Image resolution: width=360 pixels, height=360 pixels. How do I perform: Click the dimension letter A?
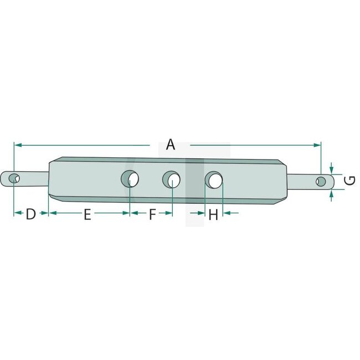point(171,145)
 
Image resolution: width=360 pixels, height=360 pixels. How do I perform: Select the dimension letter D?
point(30,214)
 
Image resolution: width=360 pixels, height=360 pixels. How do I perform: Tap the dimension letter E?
point(87,215)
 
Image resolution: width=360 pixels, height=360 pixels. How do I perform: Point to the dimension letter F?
point(152,215)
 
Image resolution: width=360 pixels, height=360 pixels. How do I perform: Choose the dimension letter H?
point(213,215)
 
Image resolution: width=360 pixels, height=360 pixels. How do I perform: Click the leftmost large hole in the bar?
point(131,179)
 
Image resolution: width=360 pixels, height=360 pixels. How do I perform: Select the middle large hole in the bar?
point(172,180)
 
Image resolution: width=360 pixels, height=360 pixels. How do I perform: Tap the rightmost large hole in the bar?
point(214,179)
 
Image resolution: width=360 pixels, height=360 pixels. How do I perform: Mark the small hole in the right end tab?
point(321,181)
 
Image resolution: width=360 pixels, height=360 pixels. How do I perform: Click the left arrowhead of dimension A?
point(17,145)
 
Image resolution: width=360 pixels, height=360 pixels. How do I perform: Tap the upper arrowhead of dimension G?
point(331,169)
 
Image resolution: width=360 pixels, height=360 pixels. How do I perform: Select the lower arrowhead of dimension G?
point(331,193)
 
